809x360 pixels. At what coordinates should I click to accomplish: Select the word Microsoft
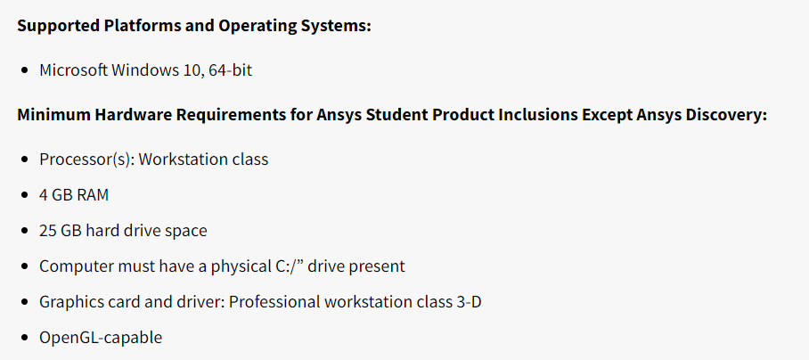tap(73, 70)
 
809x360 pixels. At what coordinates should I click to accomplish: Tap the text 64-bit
tap(230, 70)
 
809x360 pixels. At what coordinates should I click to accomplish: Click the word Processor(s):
tap(86, 160)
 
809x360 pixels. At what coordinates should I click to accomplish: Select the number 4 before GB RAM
tap(44, 195)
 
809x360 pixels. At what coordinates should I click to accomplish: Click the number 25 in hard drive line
tap(47, 231)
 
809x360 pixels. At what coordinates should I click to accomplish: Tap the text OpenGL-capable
tap(101, 338)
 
